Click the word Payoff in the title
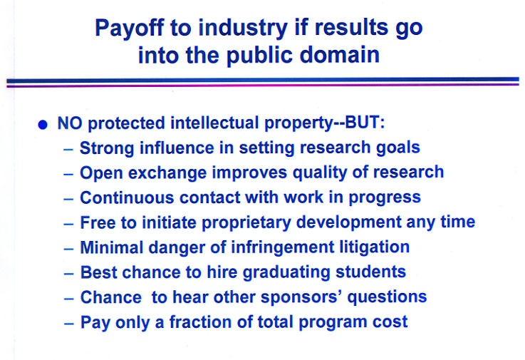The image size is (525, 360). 130,29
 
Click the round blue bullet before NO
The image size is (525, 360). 43,125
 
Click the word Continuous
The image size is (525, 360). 127,197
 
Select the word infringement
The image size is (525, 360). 283,248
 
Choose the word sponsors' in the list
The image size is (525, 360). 301,298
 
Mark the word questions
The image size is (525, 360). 387,298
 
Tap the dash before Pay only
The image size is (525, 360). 68,324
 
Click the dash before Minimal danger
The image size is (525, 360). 68,249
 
